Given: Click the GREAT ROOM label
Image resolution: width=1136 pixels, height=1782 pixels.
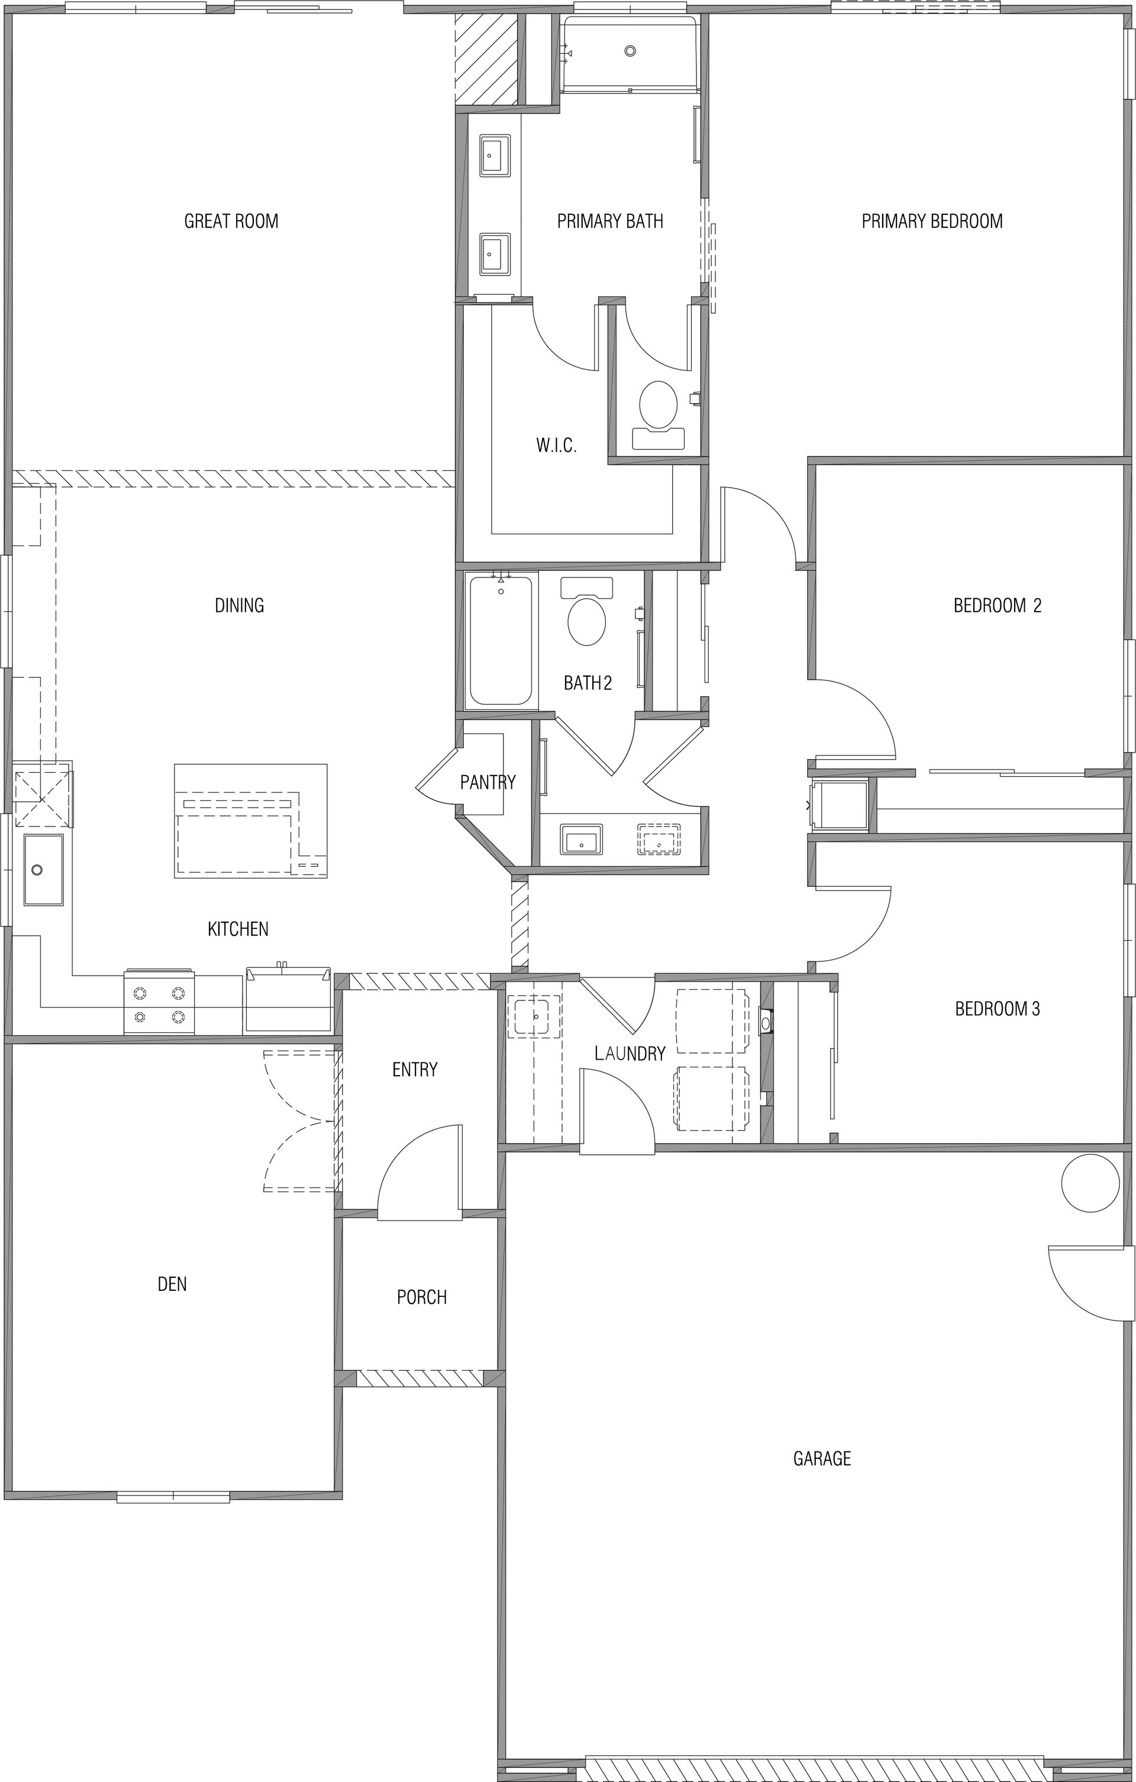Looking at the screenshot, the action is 231,221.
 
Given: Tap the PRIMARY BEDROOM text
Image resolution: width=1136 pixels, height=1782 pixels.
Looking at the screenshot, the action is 932,221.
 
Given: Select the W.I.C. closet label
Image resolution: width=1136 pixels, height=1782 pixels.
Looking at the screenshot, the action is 556,445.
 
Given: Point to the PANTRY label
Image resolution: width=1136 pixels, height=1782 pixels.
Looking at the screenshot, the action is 488,782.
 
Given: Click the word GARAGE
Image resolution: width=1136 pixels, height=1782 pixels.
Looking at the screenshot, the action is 821,1458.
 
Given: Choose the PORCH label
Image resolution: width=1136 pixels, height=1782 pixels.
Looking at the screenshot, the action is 422,1296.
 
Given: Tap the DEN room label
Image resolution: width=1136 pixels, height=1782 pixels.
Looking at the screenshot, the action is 172,1284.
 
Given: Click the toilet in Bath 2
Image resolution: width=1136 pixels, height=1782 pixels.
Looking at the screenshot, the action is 587,611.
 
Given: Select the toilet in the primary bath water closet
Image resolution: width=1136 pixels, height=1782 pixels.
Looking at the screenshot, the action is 658,415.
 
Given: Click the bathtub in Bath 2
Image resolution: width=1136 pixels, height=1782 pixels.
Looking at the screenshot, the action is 501,640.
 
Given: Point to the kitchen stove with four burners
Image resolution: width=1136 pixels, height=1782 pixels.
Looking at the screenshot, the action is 159,1001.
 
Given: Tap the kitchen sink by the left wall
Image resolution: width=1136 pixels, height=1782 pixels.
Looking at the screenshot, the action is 43,870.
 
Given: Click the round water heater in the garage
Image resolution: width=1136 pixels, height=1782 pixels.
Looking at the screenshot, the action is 1090,1183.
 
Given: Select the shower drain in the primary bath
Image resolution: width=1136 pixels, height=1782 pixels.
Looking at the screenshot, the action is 630,51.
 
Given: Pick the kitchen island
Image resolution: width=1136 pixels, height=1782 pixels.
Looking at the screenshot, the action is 251,821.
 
